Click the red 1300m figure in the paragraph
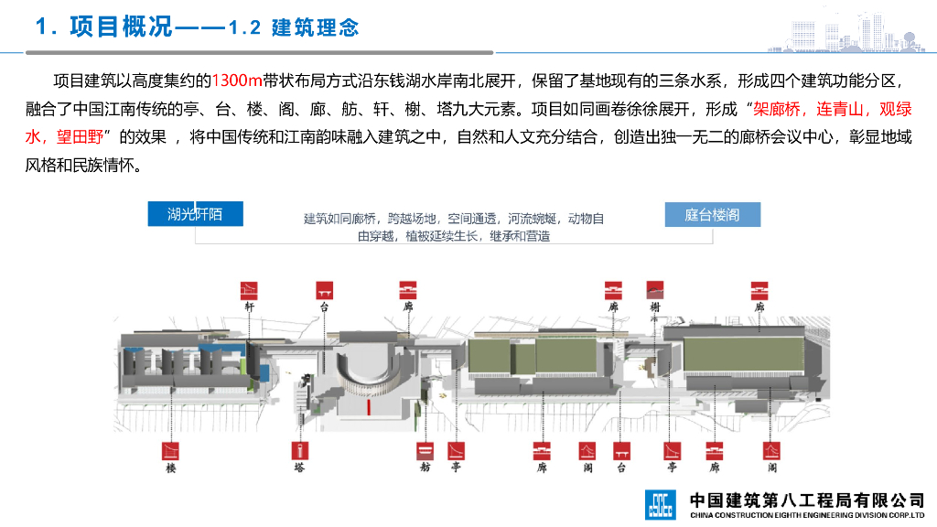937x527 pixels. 237,81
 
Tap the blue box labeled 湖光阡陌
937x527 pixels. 194,214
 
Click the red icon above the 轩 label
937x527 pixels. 249,290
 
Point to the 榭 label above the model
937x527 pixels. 654,308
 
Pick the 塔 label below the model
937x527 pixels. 298,468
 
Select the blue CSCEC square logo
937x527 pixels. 660,502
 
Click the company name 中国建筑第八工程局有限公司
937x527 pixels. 806,500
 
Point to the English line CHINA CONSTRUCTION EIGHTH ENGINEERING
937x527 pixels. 806,515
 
